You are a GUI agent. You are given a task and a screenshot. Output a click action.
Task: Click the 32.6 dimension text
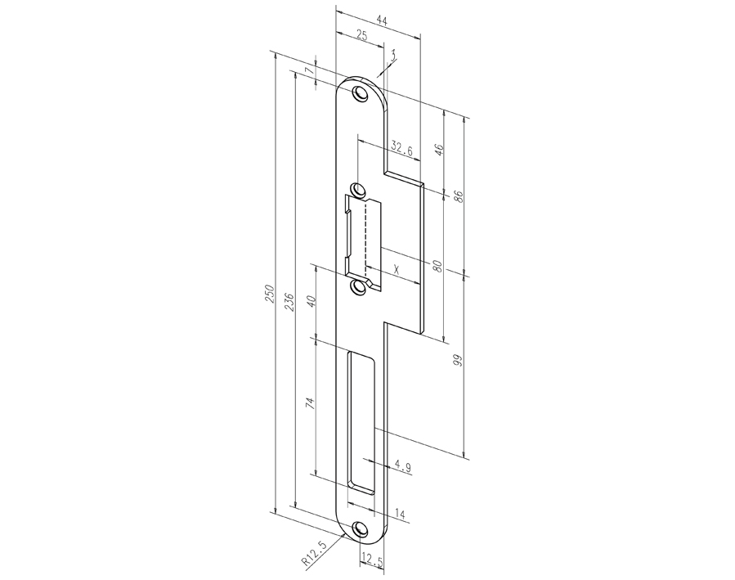click(401, 149)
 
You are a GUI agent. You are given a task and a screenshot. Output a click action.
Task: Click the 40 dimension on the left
click(310, 301)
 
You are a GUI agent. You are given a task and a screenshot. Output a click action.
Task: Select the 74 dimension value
click(310, 403)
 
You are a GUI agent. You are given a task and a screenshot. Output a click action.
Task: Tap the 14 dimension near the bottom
click(400, 513)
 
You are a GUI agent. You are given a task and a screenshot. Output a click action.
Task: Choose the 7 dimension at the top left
click(309, 72)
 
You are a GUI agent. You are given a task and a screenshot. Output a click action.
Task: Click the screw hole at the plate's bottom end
click(361, 528)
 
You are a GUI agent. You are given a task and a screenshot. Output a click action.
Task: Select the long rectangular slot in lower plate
click(360, 422)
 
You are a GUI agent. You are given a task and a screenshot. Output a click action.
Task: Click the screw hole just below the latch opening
click(357, 288)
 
